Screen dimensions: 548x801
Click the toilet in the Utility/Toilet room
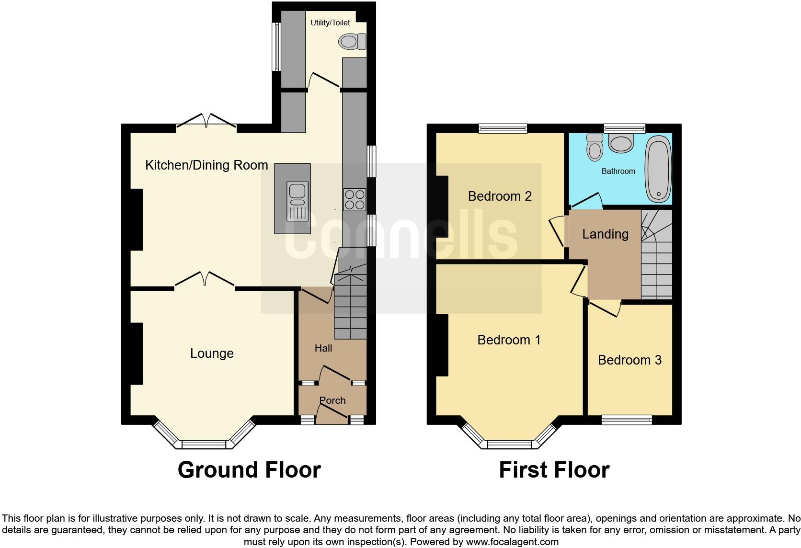pos(353,42)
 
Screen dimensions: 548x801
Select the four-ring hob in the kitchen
pos(355,199)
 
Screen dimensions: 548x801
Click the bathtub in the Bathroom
pos(659,169)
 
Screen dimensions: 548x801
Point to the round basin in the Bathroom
pos(621,143)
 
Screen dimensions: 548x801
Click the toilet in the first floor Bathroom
pos(595,147)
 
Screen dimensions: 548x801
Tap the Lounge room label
pos(212,354)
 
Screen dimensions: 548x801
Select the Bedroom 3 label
pos(629,360)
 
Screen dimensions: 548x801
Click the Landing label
pos(605,234)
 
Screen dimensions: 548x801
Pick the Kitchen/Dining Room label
pos(206,165)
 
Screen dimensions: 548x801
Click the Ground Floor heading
pos(249,469)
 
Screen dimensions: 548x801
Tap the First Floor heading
pos(554,469)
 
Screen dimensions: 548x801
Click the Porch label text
pos(332,400)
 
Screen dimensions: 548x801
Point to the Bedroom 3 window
pos(627,420)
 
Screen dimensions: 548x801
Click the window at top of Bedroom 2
pos(503,128)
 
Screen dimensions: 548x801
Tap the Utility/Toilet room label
pos(330,23)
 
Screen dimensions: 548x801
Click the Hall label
pos(323,348)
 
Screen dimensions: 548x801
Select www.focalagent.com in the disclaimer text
pos(512,542)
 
